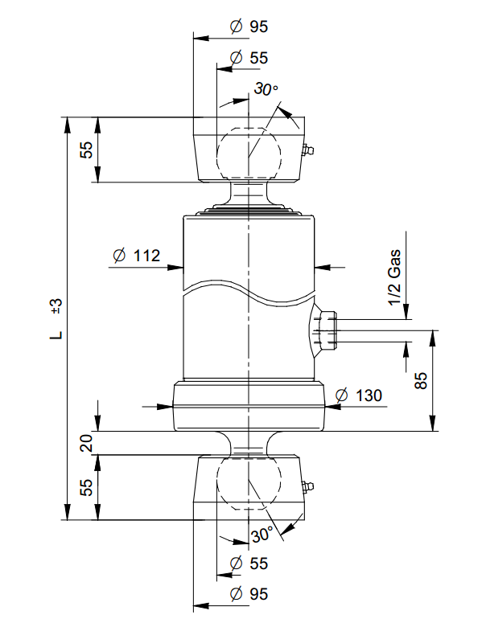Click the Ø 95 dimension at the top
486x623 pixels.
pos(248,27)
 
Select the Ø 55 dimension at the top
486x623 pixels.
pos(248,58)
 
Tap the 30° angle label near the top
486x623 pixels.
pos(265,90)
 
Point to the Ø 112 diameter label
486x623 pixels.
pos(136,256)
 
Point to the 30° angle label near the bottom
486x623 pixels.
pos(262,535)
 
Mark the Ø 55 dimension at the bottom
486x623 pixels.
pos(248,564)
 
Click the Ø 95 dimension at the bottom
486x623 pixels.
pos(248,595)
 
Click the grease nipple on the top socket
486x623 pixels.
pos(307,150)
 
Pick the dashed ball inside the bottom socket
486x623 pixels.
pos(249,483)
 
